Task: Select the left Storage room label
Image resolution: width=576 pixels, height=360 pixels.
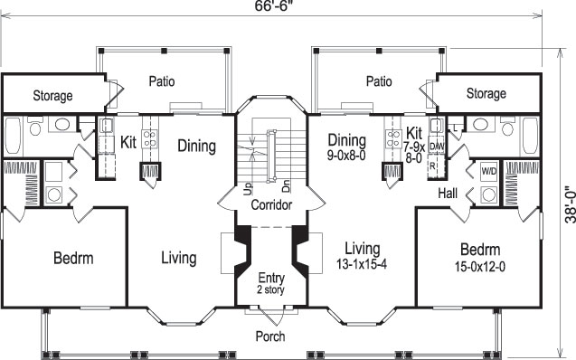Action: (52, 96)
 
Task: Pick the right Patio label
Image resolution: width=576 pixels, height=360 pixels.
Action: (379, 81)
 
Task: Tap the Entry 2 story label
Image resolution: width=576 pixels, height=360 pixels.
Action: (271, 282)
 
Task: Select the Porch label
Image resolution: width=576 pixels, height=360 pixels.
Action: (270, 336)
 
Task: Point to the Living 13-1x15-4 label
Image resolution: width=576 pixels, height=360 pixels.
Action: (362, 256)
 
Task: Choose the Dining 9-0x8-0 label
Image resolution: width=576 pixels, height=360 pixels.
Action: (347, 147)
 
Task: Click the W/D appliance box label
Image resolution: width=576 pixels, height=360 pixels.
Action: (488, 170)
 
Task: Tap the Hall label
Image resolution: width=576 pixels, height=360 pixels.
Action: (448, 193)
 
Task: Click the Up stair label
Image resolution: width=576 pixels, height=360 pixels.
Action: (247, 188)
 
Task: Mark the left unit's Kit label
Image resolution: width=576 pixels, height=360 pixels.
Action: (128, 142)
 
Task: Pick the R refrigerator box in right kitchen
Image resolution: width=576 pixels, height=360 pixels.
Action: (434, 166)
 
